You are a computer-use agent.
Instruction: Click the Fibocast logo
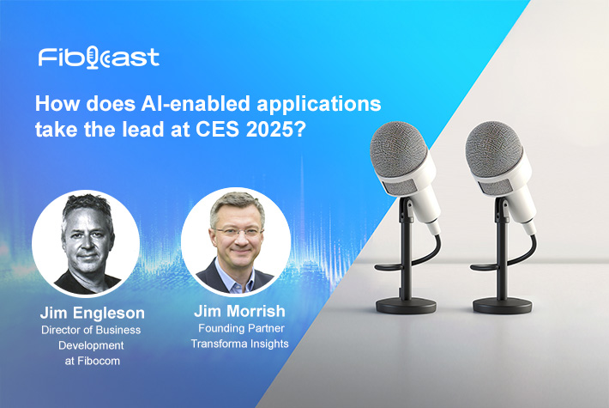(x=99, y=58)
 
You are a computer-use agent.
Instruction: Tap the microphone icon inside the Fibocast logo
(x=92, y=58)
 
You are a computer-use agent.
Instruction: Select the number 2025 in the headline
(x=269, y=130)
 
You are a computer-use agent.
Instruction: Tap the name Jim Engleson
(x=93, y=313)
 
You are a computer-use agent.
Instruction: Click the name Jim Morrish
(x=239, y=311)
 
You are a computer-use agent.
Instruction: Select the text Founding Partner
(x=241, y=328)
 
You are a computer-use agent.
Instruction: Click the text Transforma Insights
(x=239, y=344)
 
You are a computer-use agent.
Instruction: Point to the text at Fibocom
(x=93, y=361)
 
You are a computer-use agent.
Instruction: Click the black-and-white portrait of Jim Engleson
(x=86, y=243)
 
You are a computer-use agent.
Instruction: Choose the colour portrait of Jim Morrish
(x=236, y=241)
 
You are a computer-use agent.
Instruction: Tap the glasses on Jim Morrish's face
(x=238, y=233)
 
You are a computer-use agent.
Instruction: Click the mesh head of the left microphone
(x=398, y=149)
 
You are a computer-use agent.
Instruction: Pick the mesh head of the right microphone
(x=494, y=149)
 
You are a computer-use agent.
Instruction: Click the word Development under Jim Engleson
(x=91, y=345)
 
